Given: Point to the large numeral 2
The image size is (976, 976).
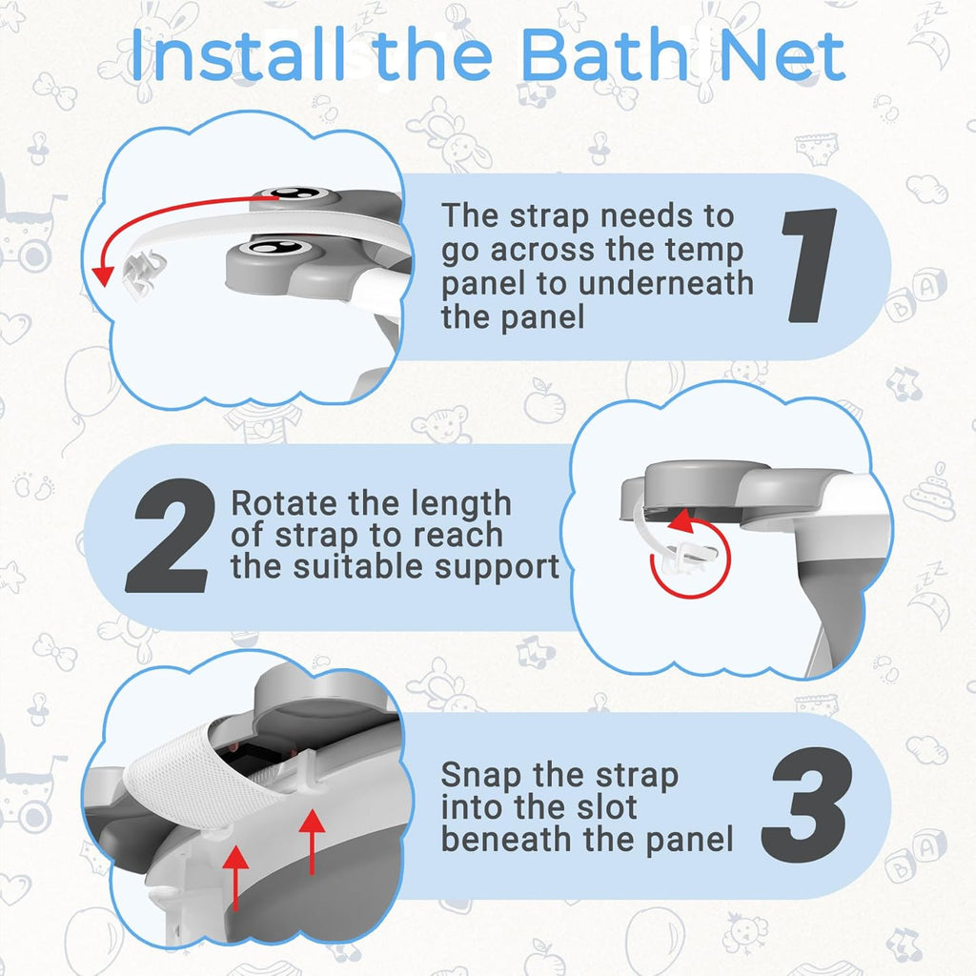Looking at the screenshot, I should (x=169, y=535).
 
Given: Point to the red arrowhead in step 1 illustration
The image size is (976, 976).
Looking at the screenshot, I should (x=102, y=274).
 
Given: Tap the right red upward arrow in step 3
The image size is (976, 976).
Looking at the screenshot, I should (x=310, y=839).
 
